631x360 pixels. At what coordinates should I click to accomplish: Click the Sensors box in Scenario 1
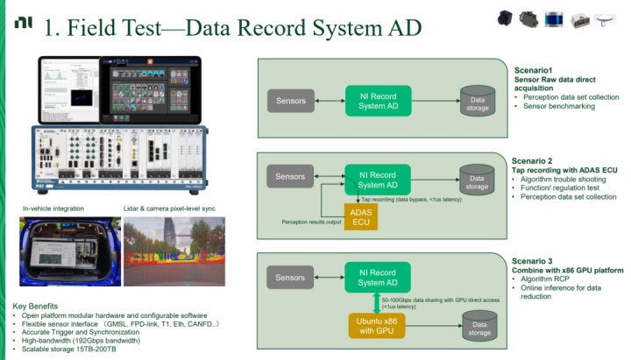pos(290,101)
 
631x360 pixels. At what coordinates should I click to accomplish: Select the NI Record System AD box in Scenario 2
pos(378,178)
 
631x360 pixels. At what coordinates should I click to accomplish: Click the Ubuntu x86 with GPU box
pos(378,323)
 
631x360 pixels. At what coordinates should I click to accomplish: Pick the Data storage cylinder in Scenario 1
pos(478,102)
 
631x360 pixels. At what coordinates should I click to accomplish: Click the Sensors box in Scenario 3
pos(290,278)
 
